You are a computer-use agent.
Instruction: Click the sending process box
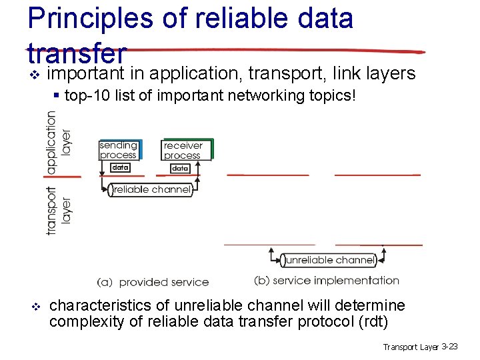(x=119, y=150)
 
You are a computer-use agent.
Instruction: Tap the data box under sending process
(x=120, y=167)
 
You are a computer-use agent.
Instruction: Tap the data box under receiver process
(x=181, y=169)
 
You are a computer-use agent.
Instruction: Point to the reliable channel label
(x=152, y=190)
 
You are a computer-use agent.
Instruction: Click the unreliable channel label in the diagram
(x=330, y=260)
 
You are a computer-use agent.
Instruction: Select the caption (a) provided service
(x=153, y=283)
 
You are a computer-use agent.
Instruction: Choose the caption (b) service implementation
(x=327, y=281)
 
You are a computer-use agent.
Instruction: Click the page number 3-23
(x=450, y=347)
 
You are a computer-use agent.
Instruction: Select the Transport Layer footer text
(x=411, y=347)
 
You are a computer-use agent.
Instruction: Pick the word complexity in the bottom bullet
(x=81, y=323)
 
